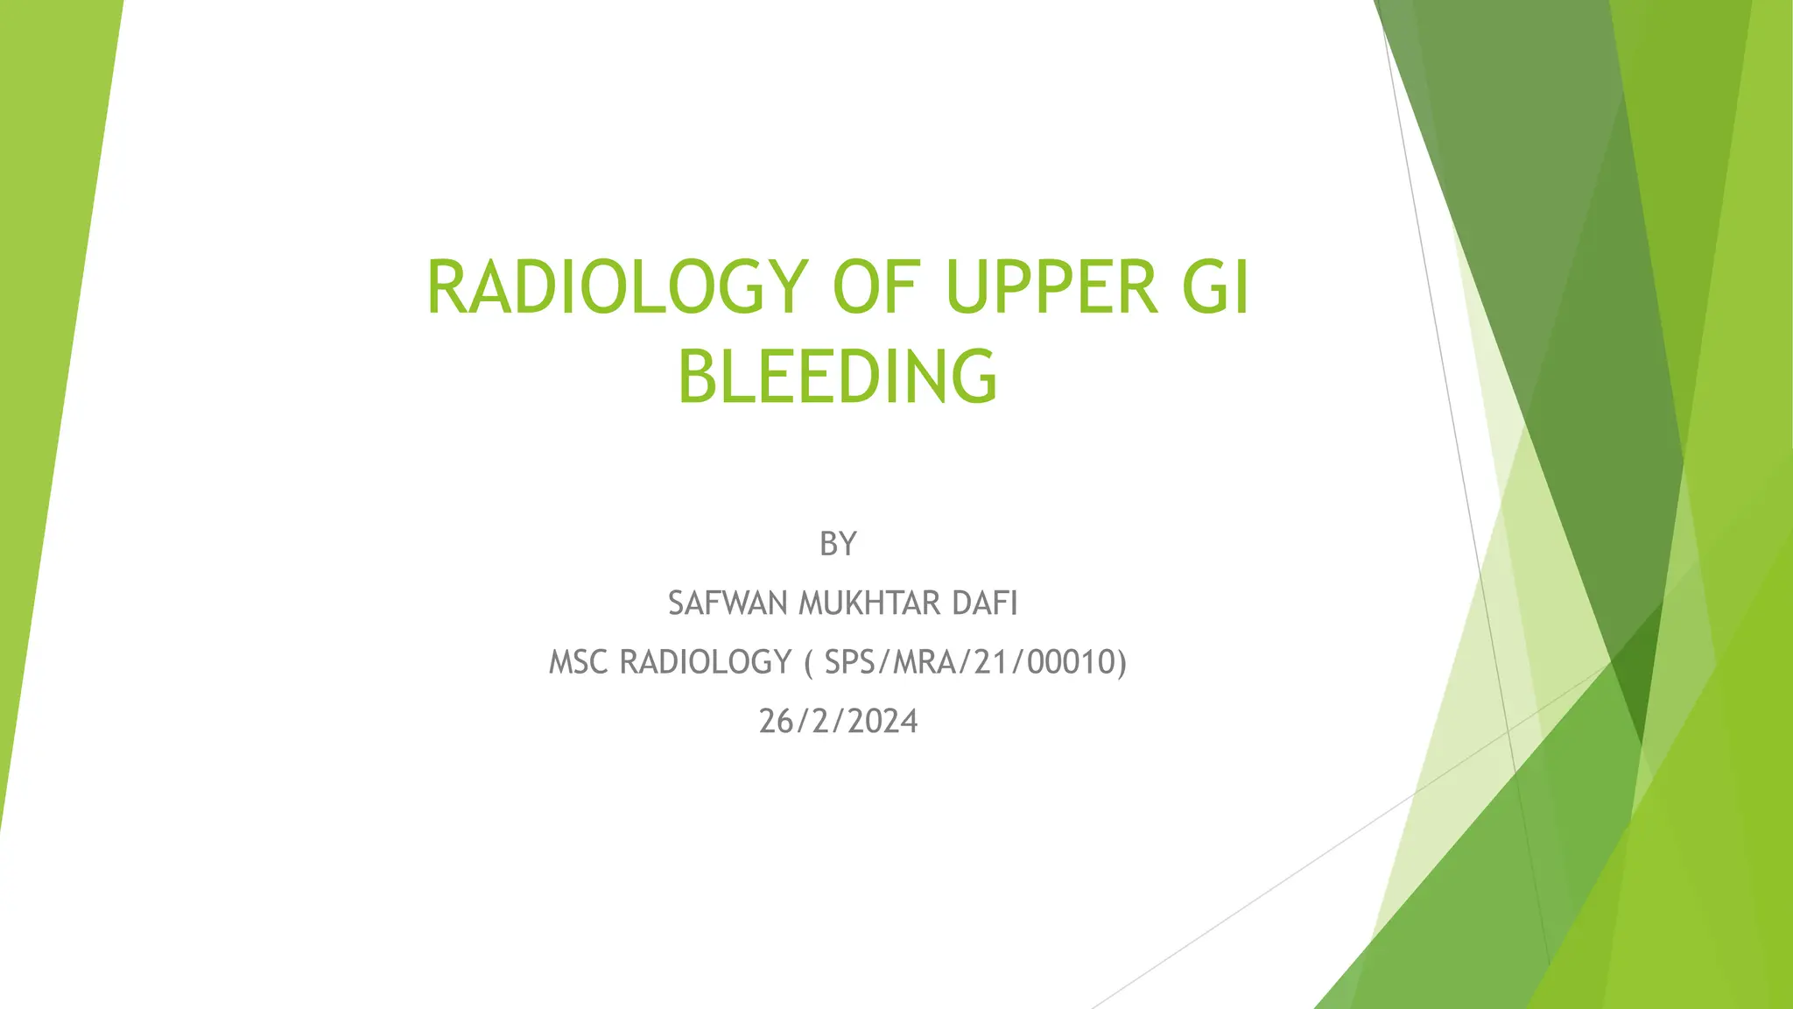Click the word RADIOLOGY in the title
pyautogui.click(x=613, y=287)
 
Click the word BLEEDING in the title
pyautogui.click(x=837, y=377)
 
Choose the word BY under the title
pyautogui.click(x=837, y=545)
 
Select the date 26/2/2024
pyautogui.click(x=838, y=722)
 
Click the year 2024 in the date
pyautogui.click(x=882, y=722)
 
